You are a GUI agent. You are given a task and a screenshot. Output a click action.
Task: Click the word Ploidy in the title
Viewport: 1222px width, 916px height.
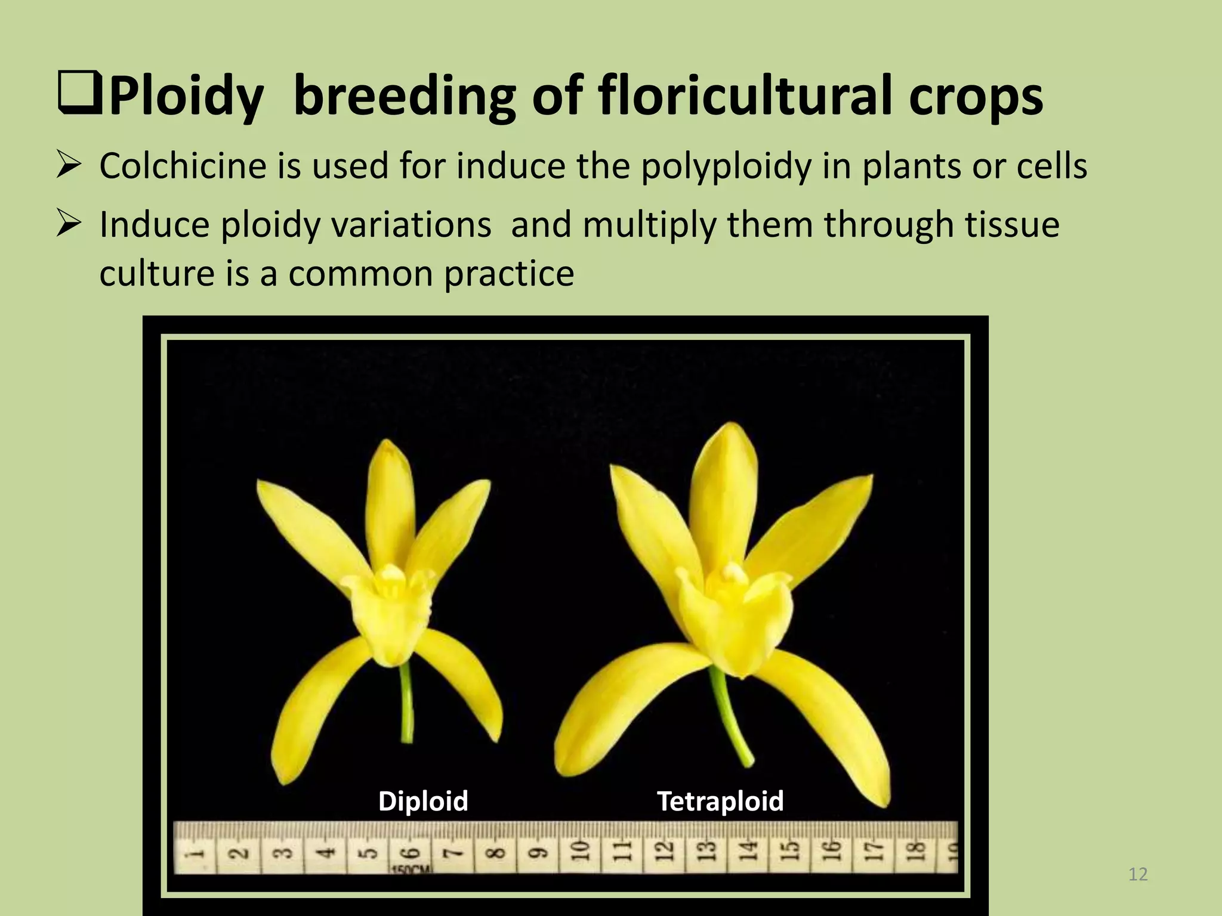(x=186, y=97)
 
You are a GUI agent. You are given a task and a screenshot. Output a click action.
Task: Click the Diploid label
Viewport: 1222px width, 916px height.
(x=423, y=801)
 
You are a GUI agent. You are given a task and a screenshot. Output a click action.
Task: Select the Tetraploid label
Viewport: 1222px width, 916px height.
(x=720, y=801)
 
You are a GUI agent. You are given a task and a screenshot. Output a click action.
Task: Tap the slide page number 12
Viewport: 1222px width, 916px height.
(x=1138, y=875)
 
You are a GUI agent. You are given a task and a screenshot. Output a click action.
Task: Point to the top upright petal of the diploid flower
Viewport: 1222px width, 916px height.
(x=391, y=495)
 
